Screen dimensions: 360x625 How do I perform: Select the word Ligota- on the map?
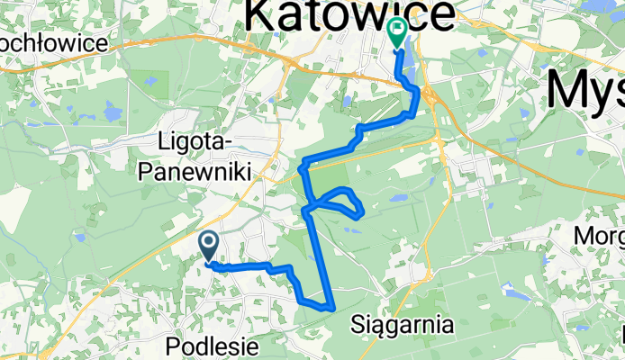click(195, 142)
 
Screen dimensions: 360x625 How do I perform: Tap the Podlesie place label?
click(213, 346)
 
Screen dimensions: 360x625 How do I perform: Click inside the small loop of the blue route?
click(338, 200)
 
